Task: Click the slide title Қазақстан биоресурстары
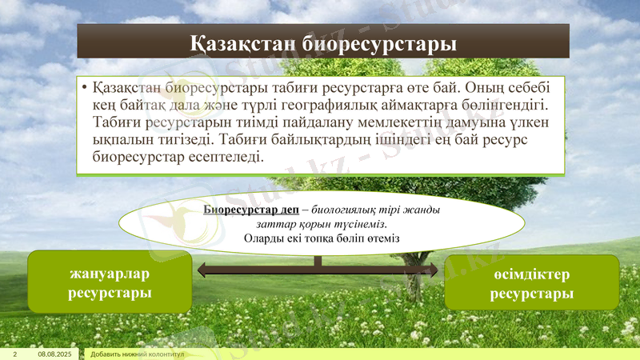click(x=323, y=42)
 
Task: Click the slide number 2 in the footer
click(x=14, y=354)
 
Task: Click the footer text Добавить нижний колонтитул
click(x=138, y=354)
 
